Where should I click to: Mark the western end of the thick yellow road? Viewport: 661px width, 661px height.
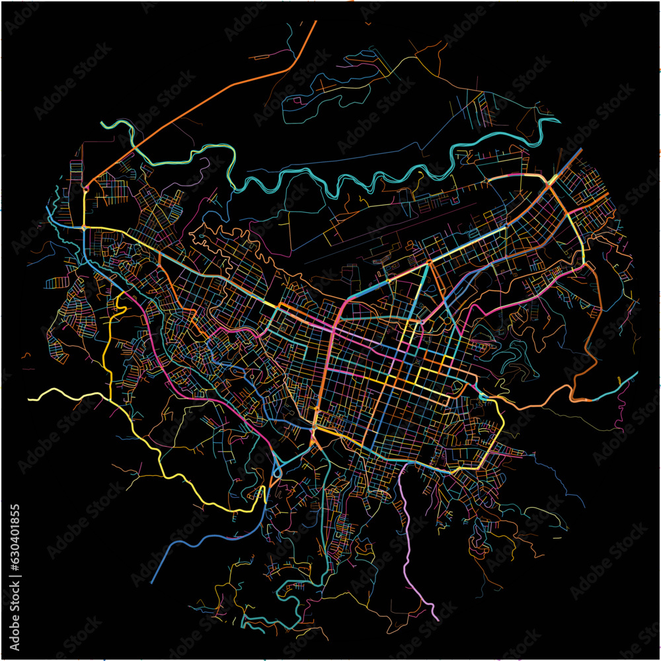(x=30, y=399)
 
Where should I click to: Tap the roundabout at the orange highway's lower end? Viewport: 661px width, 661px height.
(x=86, y=188)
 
